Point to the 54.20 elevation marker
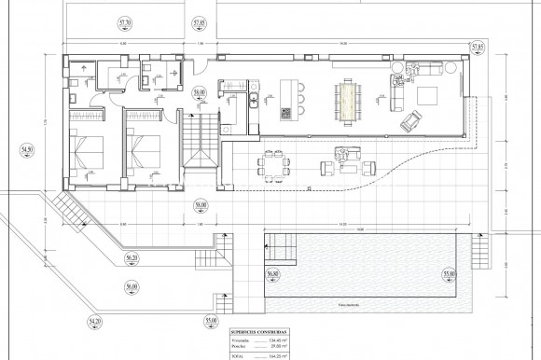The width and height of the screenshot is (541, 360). [94, 321]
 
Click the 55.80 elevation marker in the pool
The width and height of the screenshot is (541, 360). [450, 273]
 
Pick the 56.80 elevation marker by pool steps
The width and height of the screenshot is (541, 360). [271, 273]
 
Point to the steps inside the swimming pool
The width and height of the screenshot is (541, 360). [279, 247]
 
